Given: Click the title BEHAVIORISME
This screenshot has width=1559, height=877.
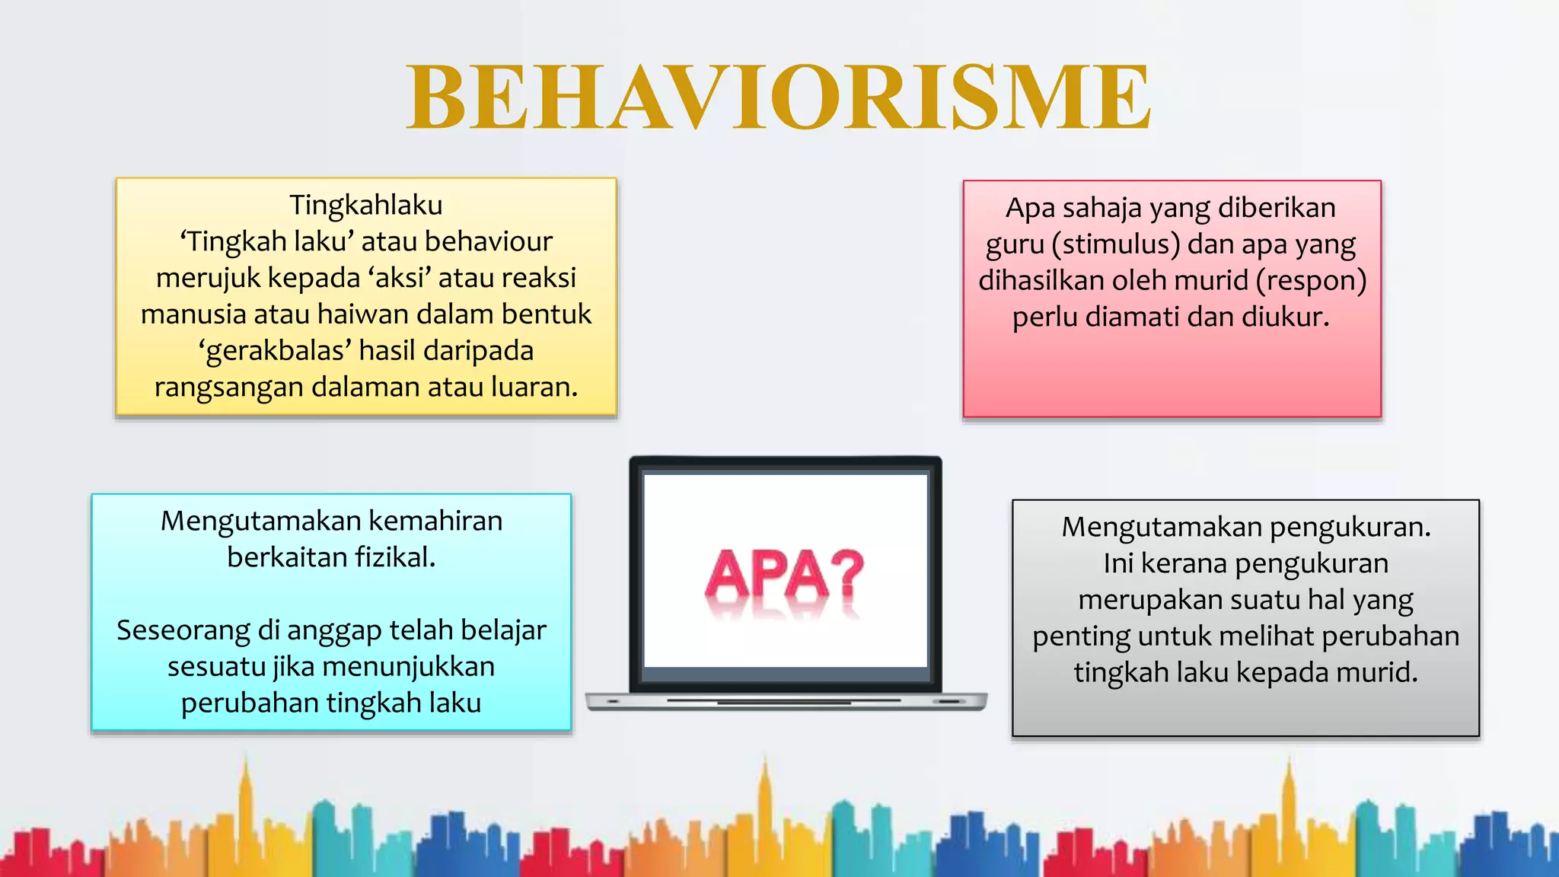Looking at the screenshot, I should pyautogui.click(x=778, y=97).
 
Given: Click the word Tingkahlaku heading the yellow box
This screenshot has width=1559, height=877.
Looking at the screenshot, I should pyautogui.click(x=365, y=205).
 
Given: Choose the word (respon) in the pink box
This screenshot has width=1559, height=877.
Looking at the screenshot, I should pyautogui.click(x=1311, y=281).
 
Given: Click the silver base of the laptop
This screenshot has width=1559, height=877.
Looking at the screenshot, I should pyautogui.click(x=786, y=701).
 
